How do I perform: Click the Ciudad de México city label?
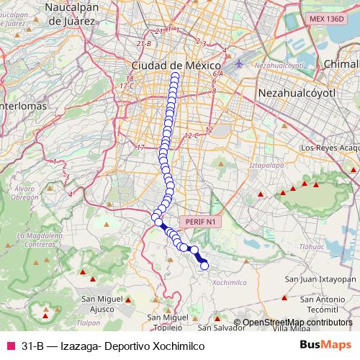click(175, 64)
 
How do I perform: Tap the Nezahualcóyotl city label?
click(297, 94)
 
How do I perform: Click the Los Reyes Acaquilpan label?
click(328, 148)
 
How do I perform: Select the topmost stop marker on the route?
click(175, 74)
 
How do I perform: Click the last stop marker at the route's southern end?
click(204, 266)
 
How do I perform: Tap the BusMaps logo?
click(325, 346)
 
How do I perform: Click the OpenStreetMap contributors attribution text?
click(297, 323)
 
